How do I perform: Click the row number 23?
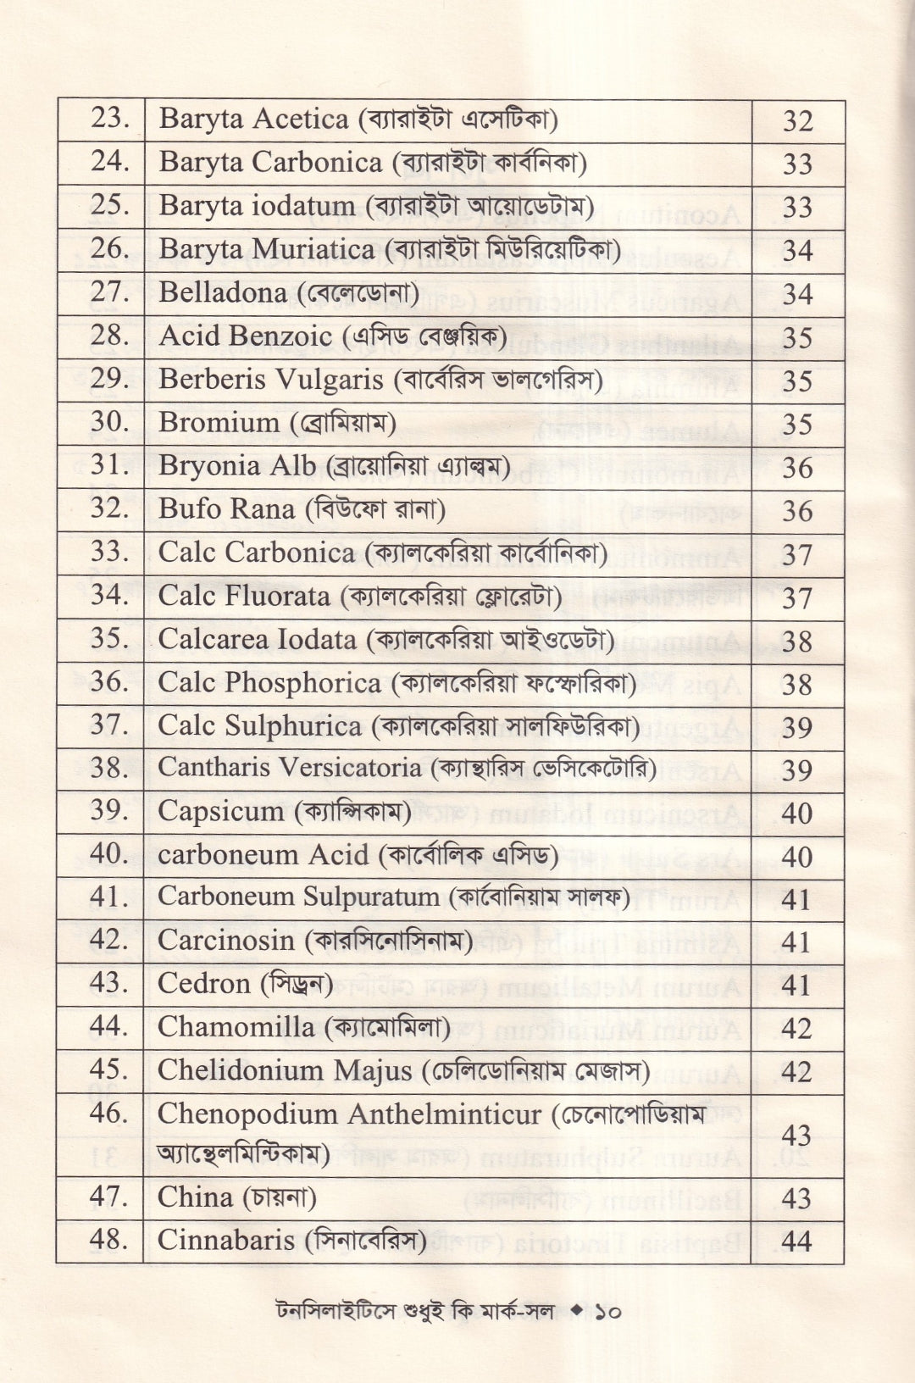109,118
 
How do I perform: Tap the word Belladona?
222,292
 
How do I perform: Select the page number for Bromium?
797,425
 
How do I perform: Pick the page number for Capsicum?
797,814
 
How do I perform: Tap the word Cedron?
203,983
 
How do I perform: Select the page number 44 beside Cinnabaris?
796,1242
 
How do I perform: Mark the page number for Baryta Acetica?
798,121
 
